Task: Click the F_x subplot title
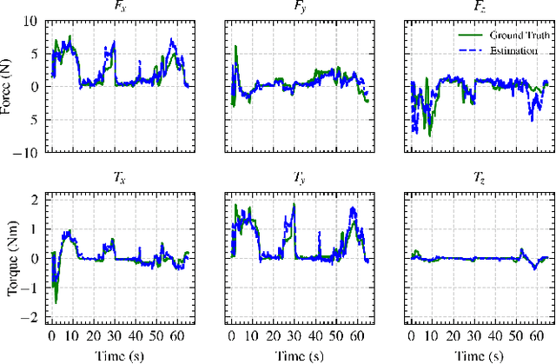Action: (118, 8)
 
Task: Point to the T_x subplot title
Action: (118, 179)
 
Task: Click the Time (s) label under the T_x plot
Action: (118, 356)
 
